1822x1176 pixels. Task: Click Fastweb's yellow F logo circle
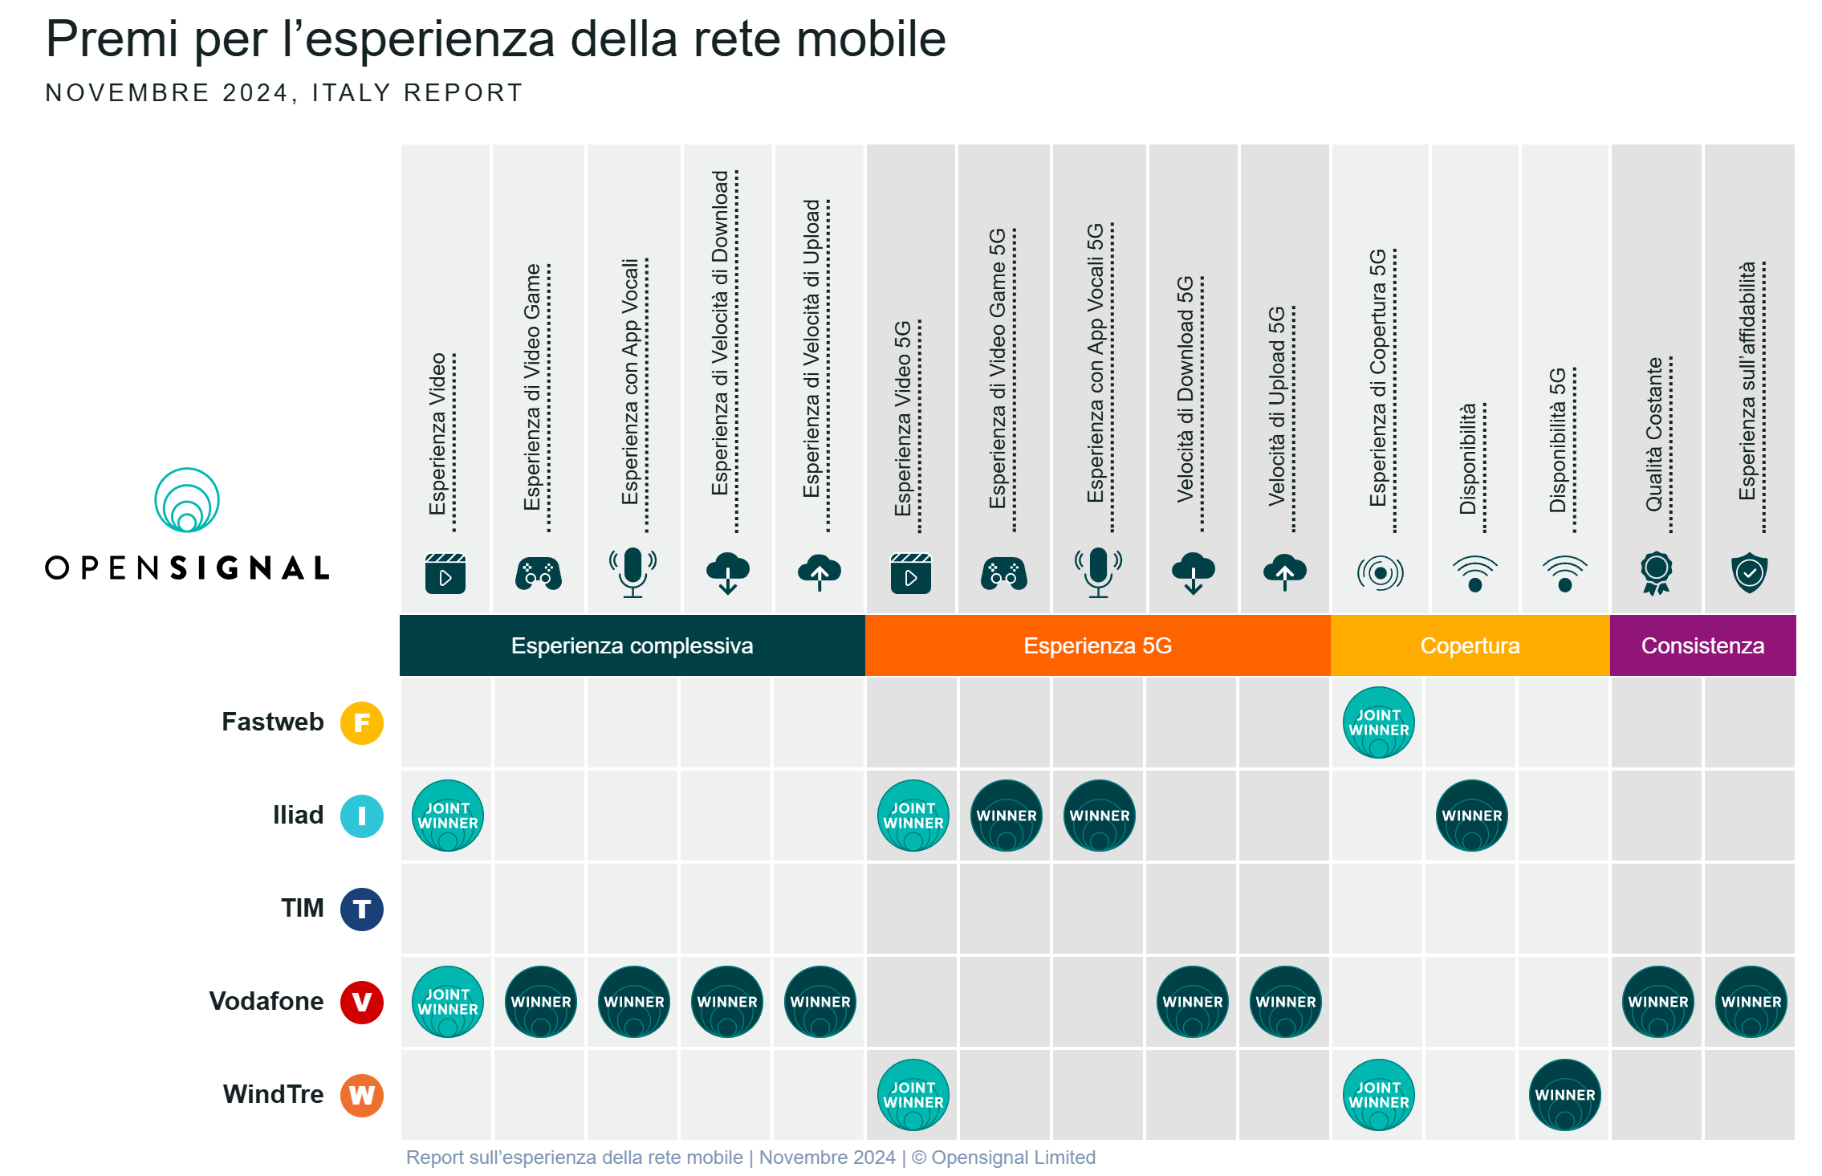[x=362, y=722]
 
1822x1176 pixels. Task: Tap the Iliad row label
[x=298, y=816]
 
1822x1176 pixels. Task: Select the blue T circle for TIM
[x=362, y=909]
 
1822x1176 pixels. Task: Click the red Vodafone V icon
[x=362, y=1002]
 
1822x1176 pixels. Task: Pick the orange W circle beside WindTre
[x=362, y=1095]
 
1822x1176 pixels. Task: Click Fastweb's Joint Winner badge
[x=1378, y=722]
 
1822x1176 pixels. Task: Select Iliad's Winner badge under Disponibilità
[x=1471, y=816]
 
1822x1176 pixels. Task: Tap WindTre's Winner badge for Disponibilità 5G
[x=1564, y=1095]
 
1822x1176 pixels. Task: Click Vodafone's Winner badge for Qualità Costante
[x=1657, y=1002]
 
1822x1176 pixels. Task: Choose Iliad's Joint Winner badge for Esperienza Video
[x=447, y=816]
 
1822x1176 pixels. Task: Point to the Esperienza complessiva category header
[x=632, y=645]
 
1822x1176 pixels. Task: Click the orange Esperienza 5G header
[x=1097, y=645]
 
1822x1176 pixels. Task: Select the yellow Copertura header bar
[x=1470, y=645]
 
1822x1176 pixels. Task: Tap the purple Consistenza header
[x=1702, y=645]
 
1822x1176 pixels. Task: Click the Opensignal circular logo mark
[x=187, y=500]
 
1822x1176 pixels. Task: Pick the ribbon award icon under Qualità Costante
[x=1656, y=572]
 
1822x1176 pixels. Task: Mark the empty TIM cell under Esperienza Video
[x=447, y=909]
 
